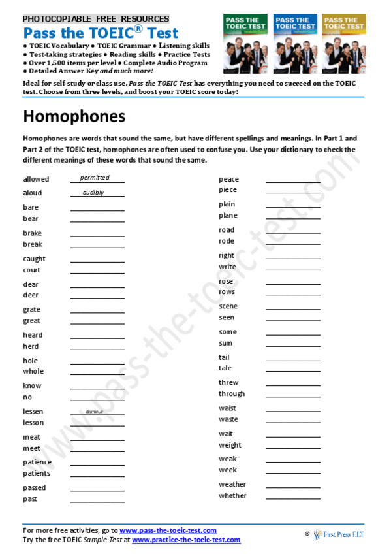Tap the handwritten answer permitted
click(95, 178)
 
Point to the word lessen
click(33, 411)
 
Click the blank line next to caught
click(97, 261)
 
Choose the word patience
click(37, 462)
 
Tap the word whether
click(232, 495)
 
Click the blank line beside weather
click(293, 487)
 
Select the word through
click(232, 393)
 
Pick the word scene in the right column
click(228, 306)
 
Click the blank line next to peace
click(293, 181)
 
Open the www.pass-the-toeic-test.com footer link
click(168, 530)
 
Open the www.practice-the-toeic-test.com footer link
click(186, 540)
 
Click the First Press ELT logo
click(344, 534)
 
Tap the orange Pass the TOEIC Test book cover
click(344, 43)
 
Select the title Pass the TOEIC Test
click(101, 33)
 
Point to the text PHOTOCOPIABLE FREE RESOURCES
click(96, 19)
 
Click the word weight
click(230, 445)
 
